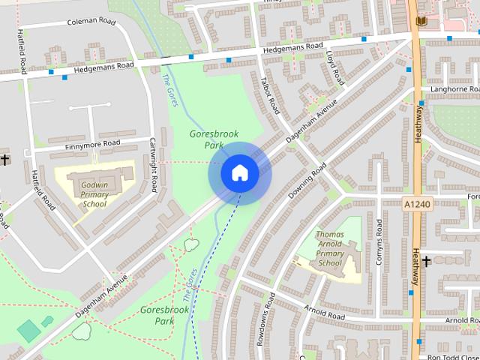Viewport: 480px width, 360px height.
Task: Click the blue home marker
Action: pyautogui.click(x=239, y=173)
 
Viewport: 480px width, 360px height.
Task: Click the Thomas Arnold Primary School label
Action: pyautogui.click(x=329, y=248)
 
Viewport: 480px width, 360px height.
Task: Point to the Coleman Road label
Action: pyautogui.click(x=92, y=22)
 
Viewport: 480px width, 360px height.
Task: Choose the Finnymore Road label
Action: pyautogui.click(x=92, y=142)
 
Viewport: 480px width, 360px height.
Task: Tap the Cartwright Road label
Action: pyautogui.click(x=153, y=164)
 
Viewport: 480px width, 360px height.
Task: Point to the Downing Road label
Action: pyautogui.click(x=307, y=181)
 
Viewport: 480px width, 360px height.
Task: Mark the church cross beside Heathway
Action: pyautogui.click(x=426, y=261)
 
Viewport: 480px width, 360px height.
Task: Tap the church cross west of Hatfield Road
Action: pyautogui.click(x=4, y=160)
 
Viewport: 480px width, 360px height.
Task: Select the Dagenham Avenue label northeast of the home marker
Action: pyautogui.click(x=311, y=120)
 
